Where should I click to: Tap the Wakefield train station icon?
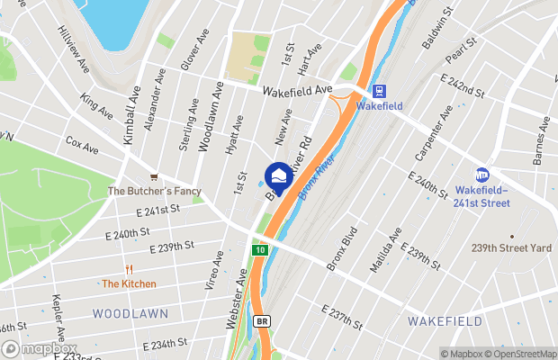pos(379,90)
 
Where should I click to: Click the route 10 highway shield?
pos(259,249)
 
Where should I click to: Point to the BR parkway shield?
pos(263,320)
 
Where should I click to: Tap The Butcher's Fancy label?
pos(154,191)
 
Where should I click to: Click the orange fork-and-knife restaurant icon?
pos(129,268)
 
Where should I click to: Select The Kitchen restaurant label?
pos(129,283)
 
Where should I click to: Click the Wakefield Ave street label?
pos(299,91)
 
